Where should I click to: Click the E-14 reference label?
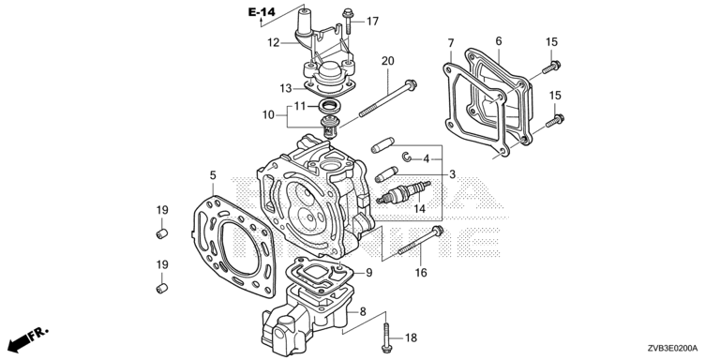[262, 12]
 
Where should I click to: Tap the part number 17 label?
[372, 22]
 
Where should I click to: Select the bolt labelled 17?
[348, 21]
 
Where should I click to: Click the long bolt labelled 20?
[387, 99]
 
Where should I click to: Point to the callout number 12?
[274, 43]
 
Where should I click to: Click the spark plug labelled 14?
[404, 192]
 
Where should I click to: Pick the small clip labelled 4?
[407, 157]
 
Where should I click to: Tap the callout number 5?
[213, 175]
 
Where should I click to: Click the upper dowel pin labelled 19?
[161, 233]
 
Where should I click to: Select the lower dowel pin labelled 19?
[161, 289]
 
